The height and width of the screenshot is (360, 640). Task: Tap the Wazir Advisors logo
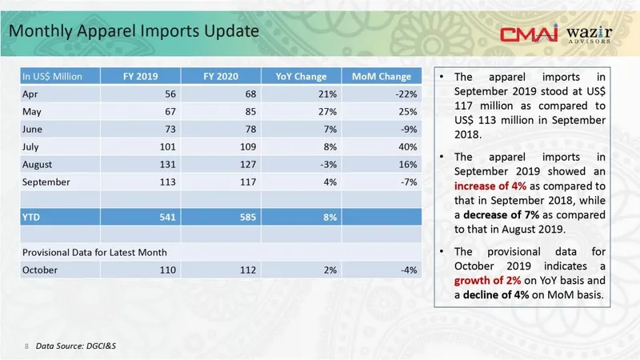(590, 34)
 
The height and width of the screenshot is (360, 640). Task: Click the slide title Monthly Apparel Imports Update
(134, 31)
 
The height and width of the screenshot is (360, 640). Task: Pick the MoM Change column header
(382, 77)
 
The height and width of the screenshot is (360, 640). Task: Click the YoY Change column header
(301, 77)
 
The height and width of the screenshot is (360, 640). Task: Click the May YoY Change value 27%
(325, 112)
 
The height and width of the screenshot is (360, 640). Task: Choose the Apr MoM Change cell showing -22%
(406, 94)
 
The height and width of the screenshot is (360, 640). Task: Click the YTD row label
(31, 217)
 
